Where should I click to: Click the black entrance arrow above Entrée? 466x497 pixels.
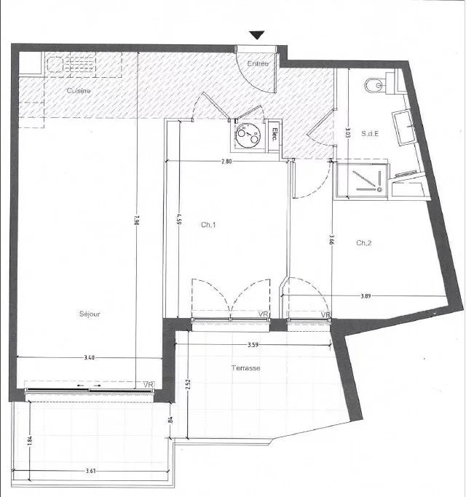[x=258, y=35]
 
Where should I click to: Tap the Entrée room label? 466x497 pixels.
[x=258, y=64]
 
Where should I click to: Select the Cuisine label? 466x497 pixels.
[x=79, y=91]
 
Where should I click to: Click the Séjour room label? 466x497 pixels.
[x=90, y=314]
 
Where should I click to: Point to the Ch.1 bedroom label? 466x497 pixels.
[x=209, y=225]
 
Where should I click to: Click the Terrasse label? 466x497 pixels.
[x=247, y=368]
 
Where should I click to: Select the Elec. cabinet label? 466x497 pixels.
[x=274, y=134]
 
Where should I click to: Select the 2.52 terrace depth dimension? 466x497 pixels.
[x=187, y=383]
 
